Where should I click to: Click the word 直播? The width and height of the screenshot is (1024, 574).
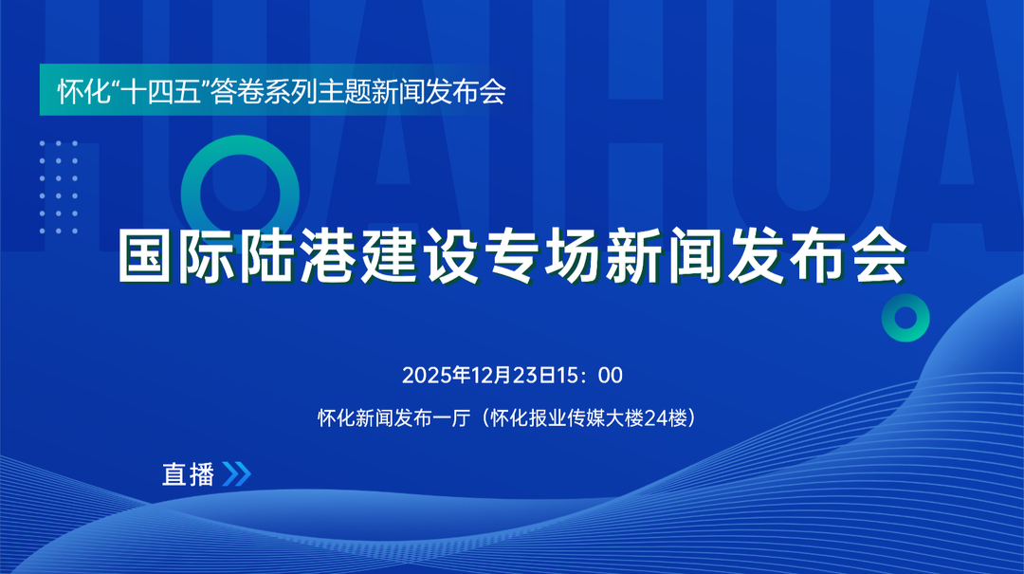click(x=189, y=474)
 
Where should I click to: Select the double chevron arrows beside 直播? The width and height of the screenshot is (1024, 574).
click(x=235, y=473)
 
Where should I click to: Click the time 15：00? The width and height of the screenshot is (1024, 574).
click(x=589, y=375)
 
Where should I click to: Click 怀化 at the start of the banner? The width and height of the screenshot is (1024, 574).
click(x=79, y=93)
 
